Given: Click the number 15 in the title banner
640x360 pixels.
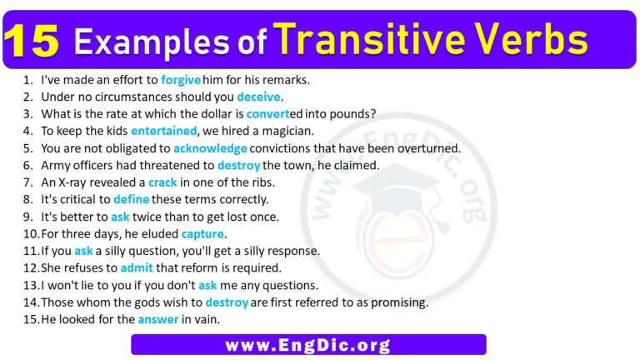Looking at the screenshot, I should pos(34,41).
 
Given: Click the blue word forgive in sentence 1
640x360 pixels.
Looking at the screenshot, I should pos(181,80).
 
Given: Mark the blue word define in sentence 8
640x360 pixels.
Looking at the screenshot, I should pos(130,199).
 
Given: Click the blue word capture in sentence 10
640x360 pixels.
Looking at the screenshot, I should pos(203,233).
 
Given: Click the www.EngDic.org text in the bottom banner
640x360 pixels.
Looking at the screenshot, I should pos(307,344).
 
